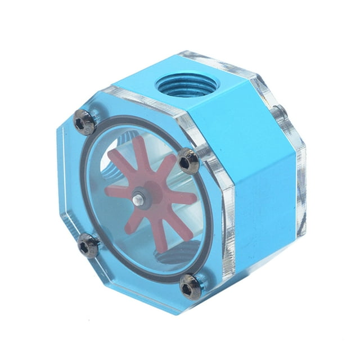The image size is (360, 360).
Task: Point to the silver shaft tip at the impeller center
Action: pyautogui.click(x=138, y=198)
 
